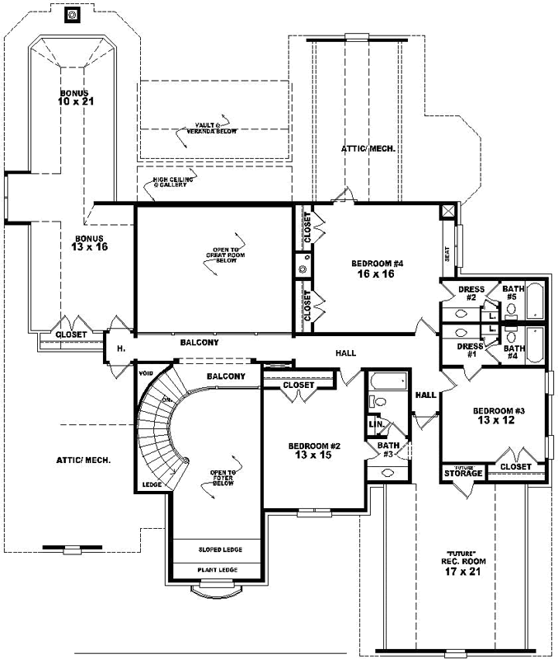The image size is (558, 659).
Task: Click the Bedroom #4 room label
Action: (x=377, y=269)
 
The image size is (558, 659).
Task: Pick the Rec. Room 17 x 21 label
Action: (x=462, y=567)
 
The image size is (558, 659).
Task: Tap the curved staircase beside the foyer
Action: (x=156, y=420)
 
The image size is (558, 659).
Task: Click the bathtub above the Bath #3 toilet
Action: (x=388, y=381)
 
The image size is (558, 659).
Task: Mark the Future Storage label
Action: (x=462, y=472)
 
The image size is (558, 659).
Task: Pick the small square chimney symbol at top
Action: (x=72, y=14)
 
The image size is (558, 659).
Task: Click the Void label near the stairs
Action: (x=148, y=372)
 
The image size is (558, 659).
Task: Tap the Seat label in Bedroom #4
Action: (x=448, y=255)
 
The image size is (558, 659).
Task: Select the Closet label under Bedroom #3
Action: (x=516, y=467)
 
